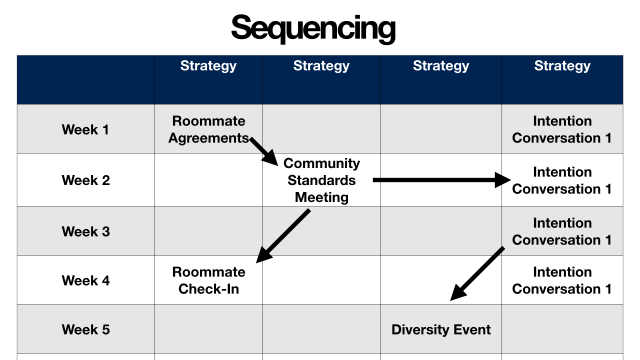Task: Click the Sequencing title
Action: click(x=313, y=27)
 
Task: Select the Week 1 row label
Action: click(x=86, y=130)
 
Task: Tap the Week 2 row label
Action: click(x=86, y=181)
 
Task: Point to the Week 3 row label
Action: click(x=86, y=231)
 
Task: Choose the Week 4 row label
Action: click(x=86, y=281)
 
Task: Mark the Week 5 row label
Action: click(x=86, y=329)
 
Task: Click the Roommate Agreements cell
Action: click(x=208, y=130)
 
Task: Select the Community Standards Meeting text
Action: click(x=321, y=180)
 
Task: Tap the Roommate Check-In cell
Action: click(x=208, y=280)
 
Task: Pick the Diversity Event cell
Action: click(x=441, y=329)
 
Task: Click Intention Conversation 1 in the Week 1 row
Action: click(x=562, y=130)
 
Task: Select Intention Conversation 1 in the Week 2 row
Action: click(x=562, y=180)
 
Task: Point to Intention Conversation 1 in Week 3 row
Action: click(x=562, y=231)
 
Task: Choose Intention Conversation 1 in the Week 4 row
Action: click(x=562, y=280)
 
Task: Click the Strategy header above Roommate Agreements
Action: click(x=208, y=66)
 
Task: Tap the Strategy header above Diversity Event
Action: click(x=441, y=66)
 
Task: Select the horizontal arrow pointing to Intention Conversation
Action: click(x=440, y=180)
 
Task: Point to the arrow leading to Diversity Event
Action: click(x=477, y=273)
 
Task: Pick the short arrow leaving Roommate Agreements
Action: click(x=263, y=151)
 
